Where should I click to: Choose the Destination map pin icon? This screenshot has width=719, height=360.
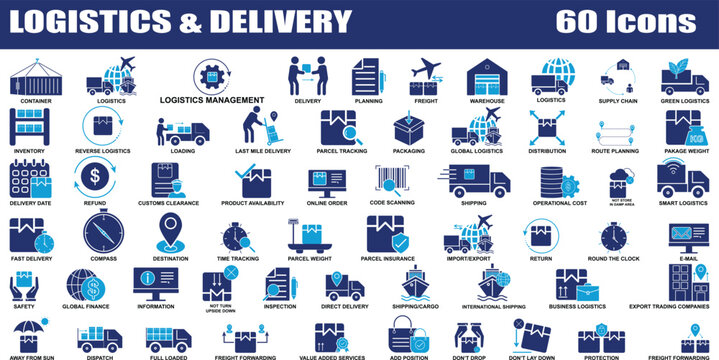170,234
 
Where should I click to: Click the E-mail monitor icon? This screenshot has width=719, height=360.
688,238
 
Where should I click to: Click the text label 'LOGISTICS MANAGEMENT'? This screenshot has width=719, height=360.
212,100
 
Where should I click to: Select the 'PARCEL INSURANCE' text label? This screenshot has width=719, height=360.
387,257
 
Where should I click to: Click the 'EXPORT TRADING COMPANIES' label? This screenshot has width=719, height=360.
669,306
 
